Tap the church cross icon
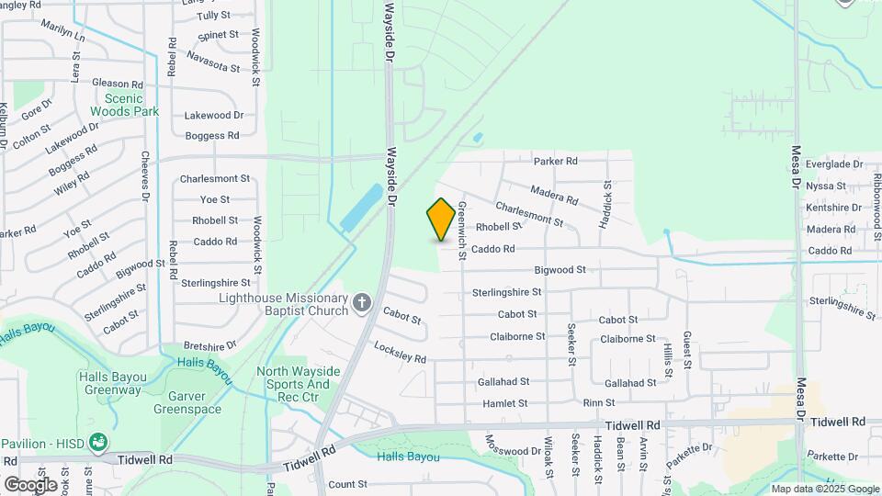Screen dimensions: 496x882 pos(362,302)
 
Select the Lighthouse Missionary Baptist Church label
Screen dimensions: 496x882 pos(284,304)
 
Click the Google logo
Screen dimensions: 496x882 pos(29,484)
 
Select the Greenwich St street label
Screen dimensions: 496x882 pos(462,230)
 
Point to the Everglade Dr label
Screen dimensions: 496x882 pos(833,164)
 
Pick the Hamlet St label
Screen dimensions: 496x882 pos(504,403)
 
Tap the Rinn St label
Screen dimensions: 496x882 pos(599,403)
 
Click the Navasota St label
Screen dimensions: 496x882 pos(212,62)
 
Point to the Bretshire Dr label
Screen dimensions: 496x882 pos(210,344)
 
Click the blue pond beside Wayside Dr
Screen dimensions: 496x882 pos(361,208)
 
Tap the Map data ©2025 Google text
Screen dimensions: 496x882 pos(824,489)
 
